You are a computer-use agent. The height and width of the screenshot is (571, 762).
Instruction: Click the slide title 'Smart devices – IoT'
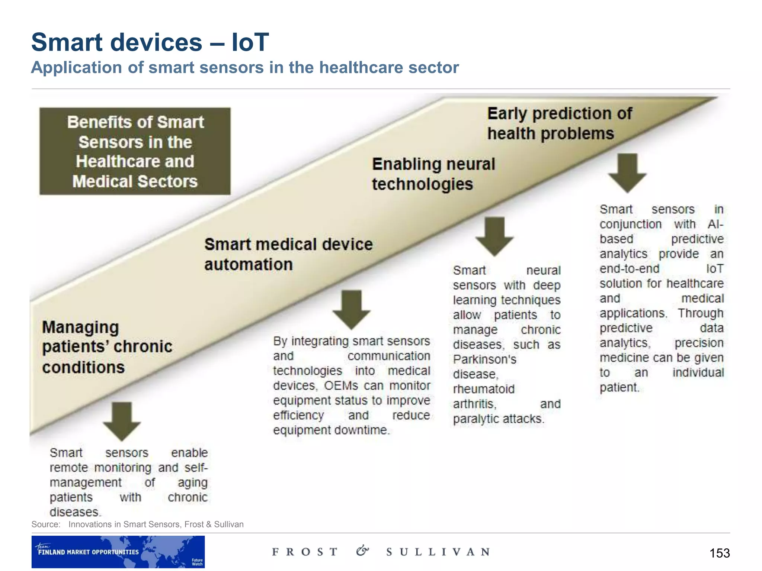coord(150,42)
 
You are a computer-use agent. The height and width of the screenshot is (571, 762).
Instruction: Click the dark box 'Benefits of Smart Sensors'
coord(135,151)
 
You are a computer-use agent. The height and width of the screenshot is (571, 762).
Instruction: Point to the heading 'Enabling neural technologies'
coord(433,174)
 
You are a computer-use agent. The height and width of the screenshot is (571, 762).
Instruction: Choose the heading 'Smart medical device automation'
coord(288,254)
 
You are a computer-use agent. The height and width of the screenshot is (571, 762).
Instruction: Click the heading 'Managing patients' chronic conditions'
coord(107,347)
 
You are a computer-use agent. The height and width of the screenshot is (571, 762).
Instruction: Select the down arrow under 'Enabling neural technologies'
coord(494,236)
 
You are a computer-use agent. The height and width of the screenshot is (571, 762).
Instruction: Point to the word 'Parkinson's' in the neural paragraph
coord(484,359)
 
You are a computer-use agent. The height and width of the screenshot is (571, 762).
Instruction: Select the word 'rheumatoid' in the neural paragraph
coord(484,389)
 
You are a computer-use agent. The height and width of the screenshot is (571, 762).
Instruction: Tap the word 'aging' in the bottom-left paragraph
coord(192,483)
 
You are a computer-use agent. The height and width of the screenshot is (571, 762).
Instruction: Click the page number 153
coord(719,553)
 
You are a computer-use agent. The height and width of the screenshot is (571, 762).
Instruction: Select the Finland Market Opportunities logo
coord(118,552)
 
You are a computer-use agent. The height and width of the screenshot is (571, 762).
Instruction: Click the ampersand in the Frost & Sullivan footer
coord(362,551)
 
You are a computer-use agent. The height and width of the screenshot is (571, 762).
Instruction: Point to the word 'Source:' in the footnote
coord(46,525)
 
